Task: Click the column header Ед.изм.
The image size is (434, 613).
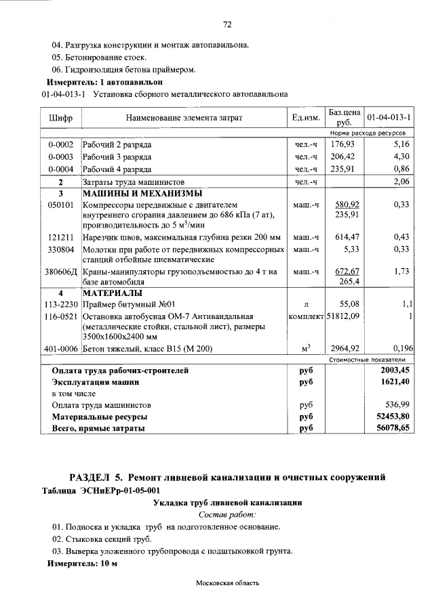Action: click(x=306, y=118)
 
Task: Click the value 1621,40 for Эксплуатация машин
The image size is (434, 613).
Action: click(x=397, y=382)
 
